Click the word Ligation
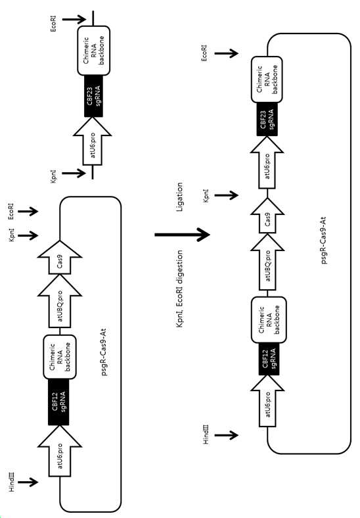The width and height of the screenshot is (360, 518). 179,197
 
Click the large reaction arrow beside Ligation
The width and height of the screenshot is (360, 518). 183,235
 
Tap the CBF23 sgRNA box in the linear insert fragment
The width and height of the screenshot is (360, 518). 93,96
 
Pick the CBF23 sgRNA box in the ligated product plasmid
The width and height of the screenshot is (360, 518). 267,119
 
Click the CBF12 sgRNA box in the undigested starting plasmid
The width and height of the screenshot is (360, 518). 58,402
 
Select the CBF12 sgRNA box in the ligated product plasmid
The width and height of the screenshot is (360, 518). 269,358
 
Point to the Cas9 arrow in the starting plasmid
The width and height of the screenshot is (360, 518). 60,258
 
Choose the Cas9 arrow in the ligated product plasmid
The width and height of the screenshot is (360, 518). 267,216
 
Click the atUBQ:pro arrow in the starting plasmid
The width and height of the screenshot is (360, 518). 60,301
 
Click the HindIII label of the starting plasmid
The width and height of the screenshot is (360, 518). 12,482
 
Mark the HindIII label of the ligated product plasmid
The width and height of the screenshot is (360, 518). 206,435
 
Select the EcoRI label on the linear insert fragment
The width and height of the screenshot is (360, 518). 54,24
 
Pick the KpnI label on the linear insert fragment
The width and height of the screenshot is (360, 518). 54,176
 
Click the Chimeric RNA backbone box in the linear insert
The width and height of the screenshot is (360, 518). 94,51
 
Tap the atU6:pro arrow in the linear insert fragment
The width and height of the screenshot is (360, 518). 93,141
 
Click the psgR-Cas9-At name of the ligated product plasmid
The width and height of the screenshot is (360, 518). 323,241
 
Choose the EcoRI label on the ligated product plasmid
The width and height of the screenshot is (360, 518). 205,53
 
